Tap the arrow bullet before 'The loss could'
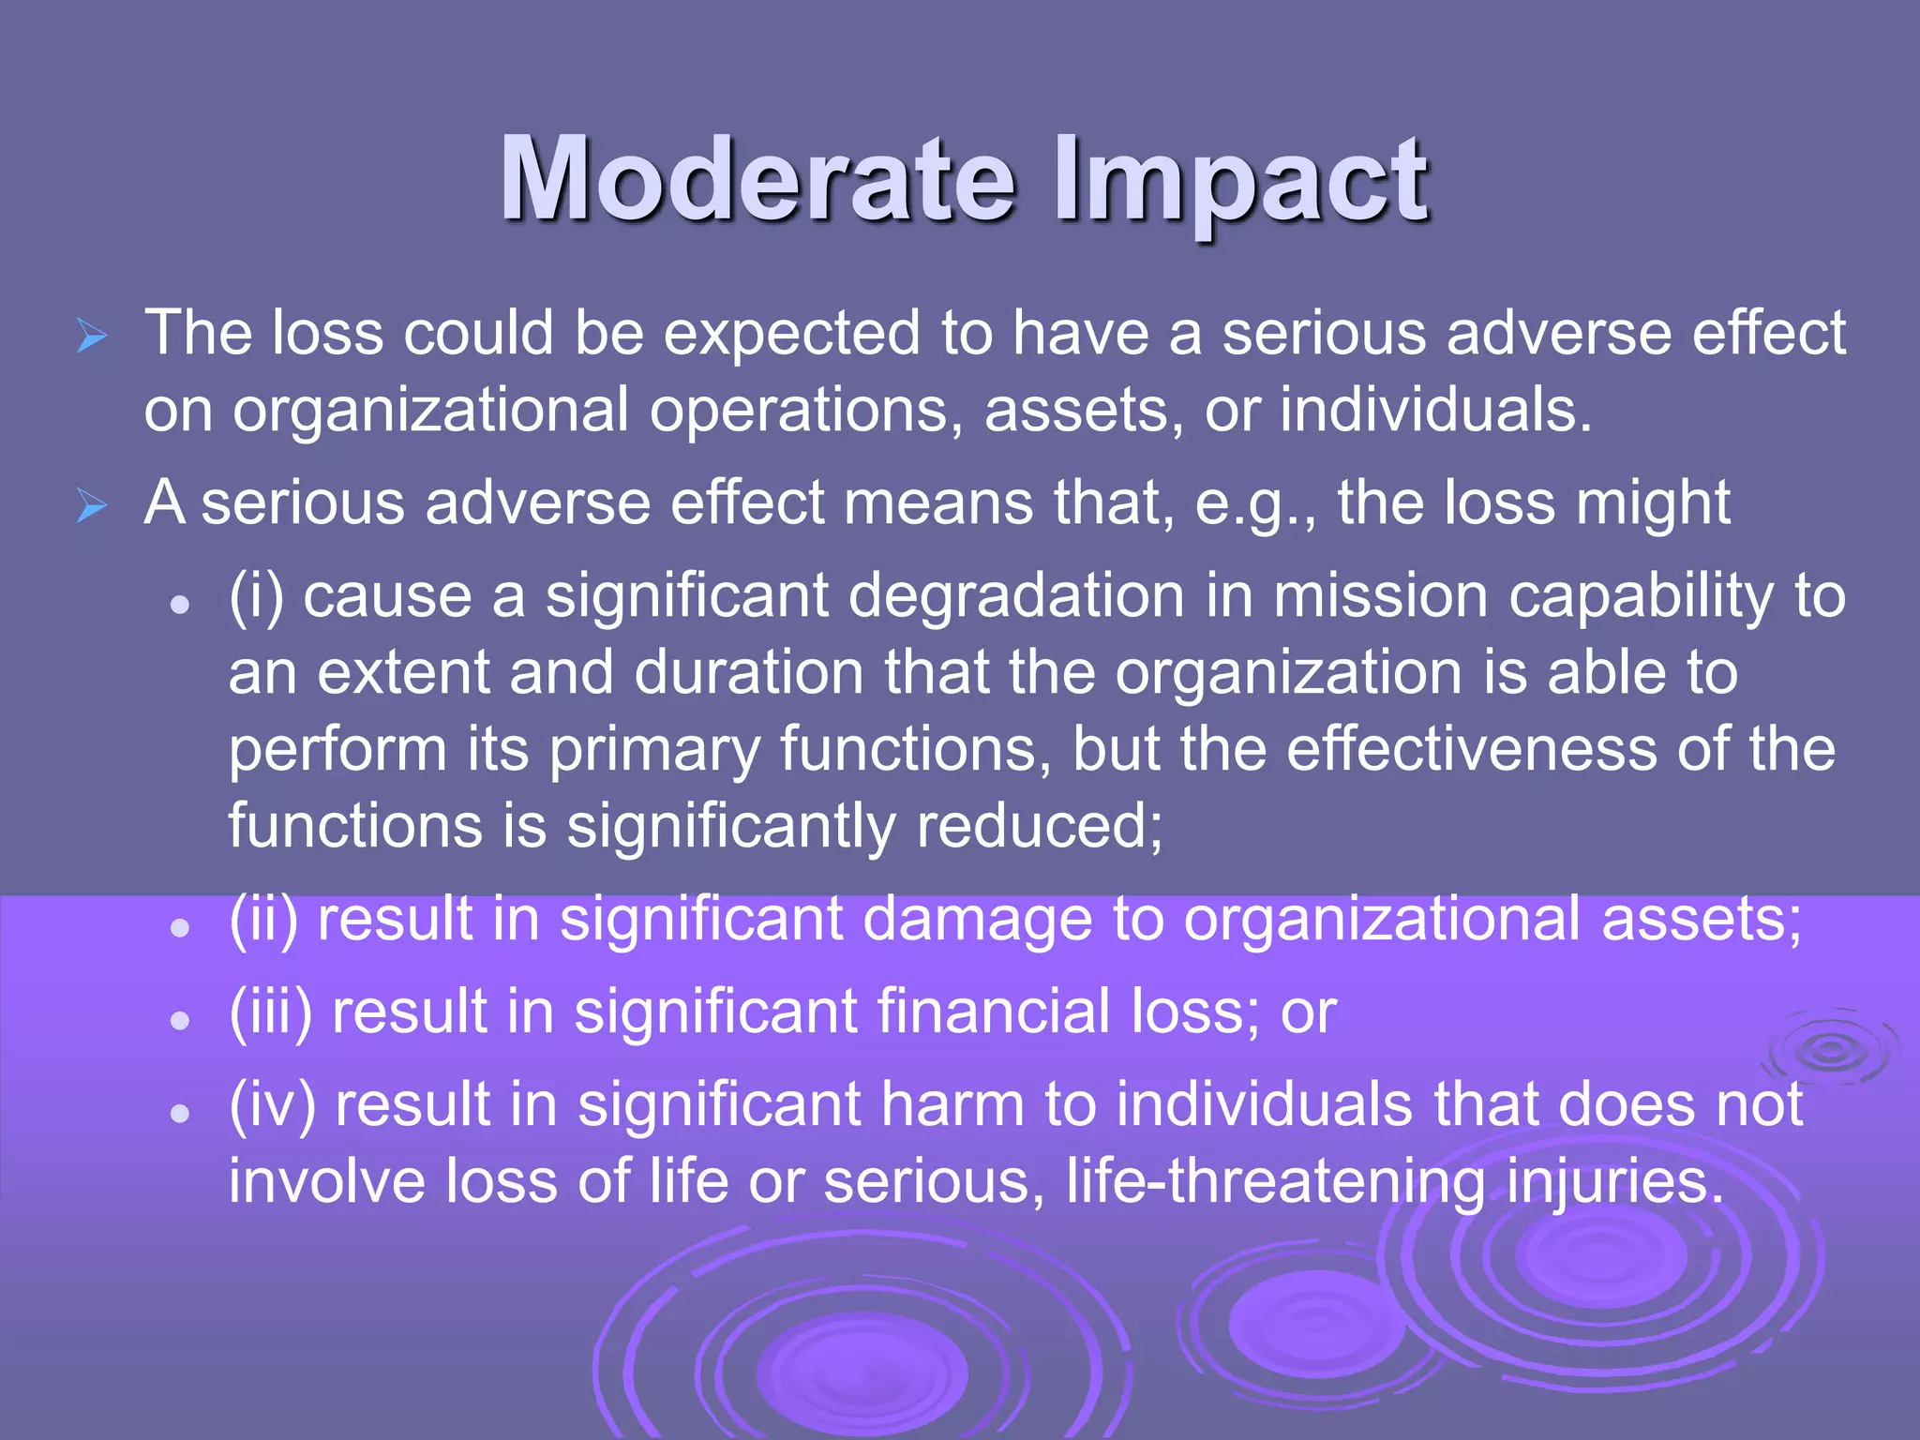(92, 336)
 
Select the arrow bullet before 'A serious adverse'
(92, 506)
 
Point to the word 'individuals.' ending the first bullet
(1436, 411)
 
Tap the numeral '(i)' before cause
(256, 596)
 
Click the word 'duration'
(748, 673)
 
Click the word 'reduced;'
(1039, 827)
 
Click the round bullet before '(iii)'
(181, 1020)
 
